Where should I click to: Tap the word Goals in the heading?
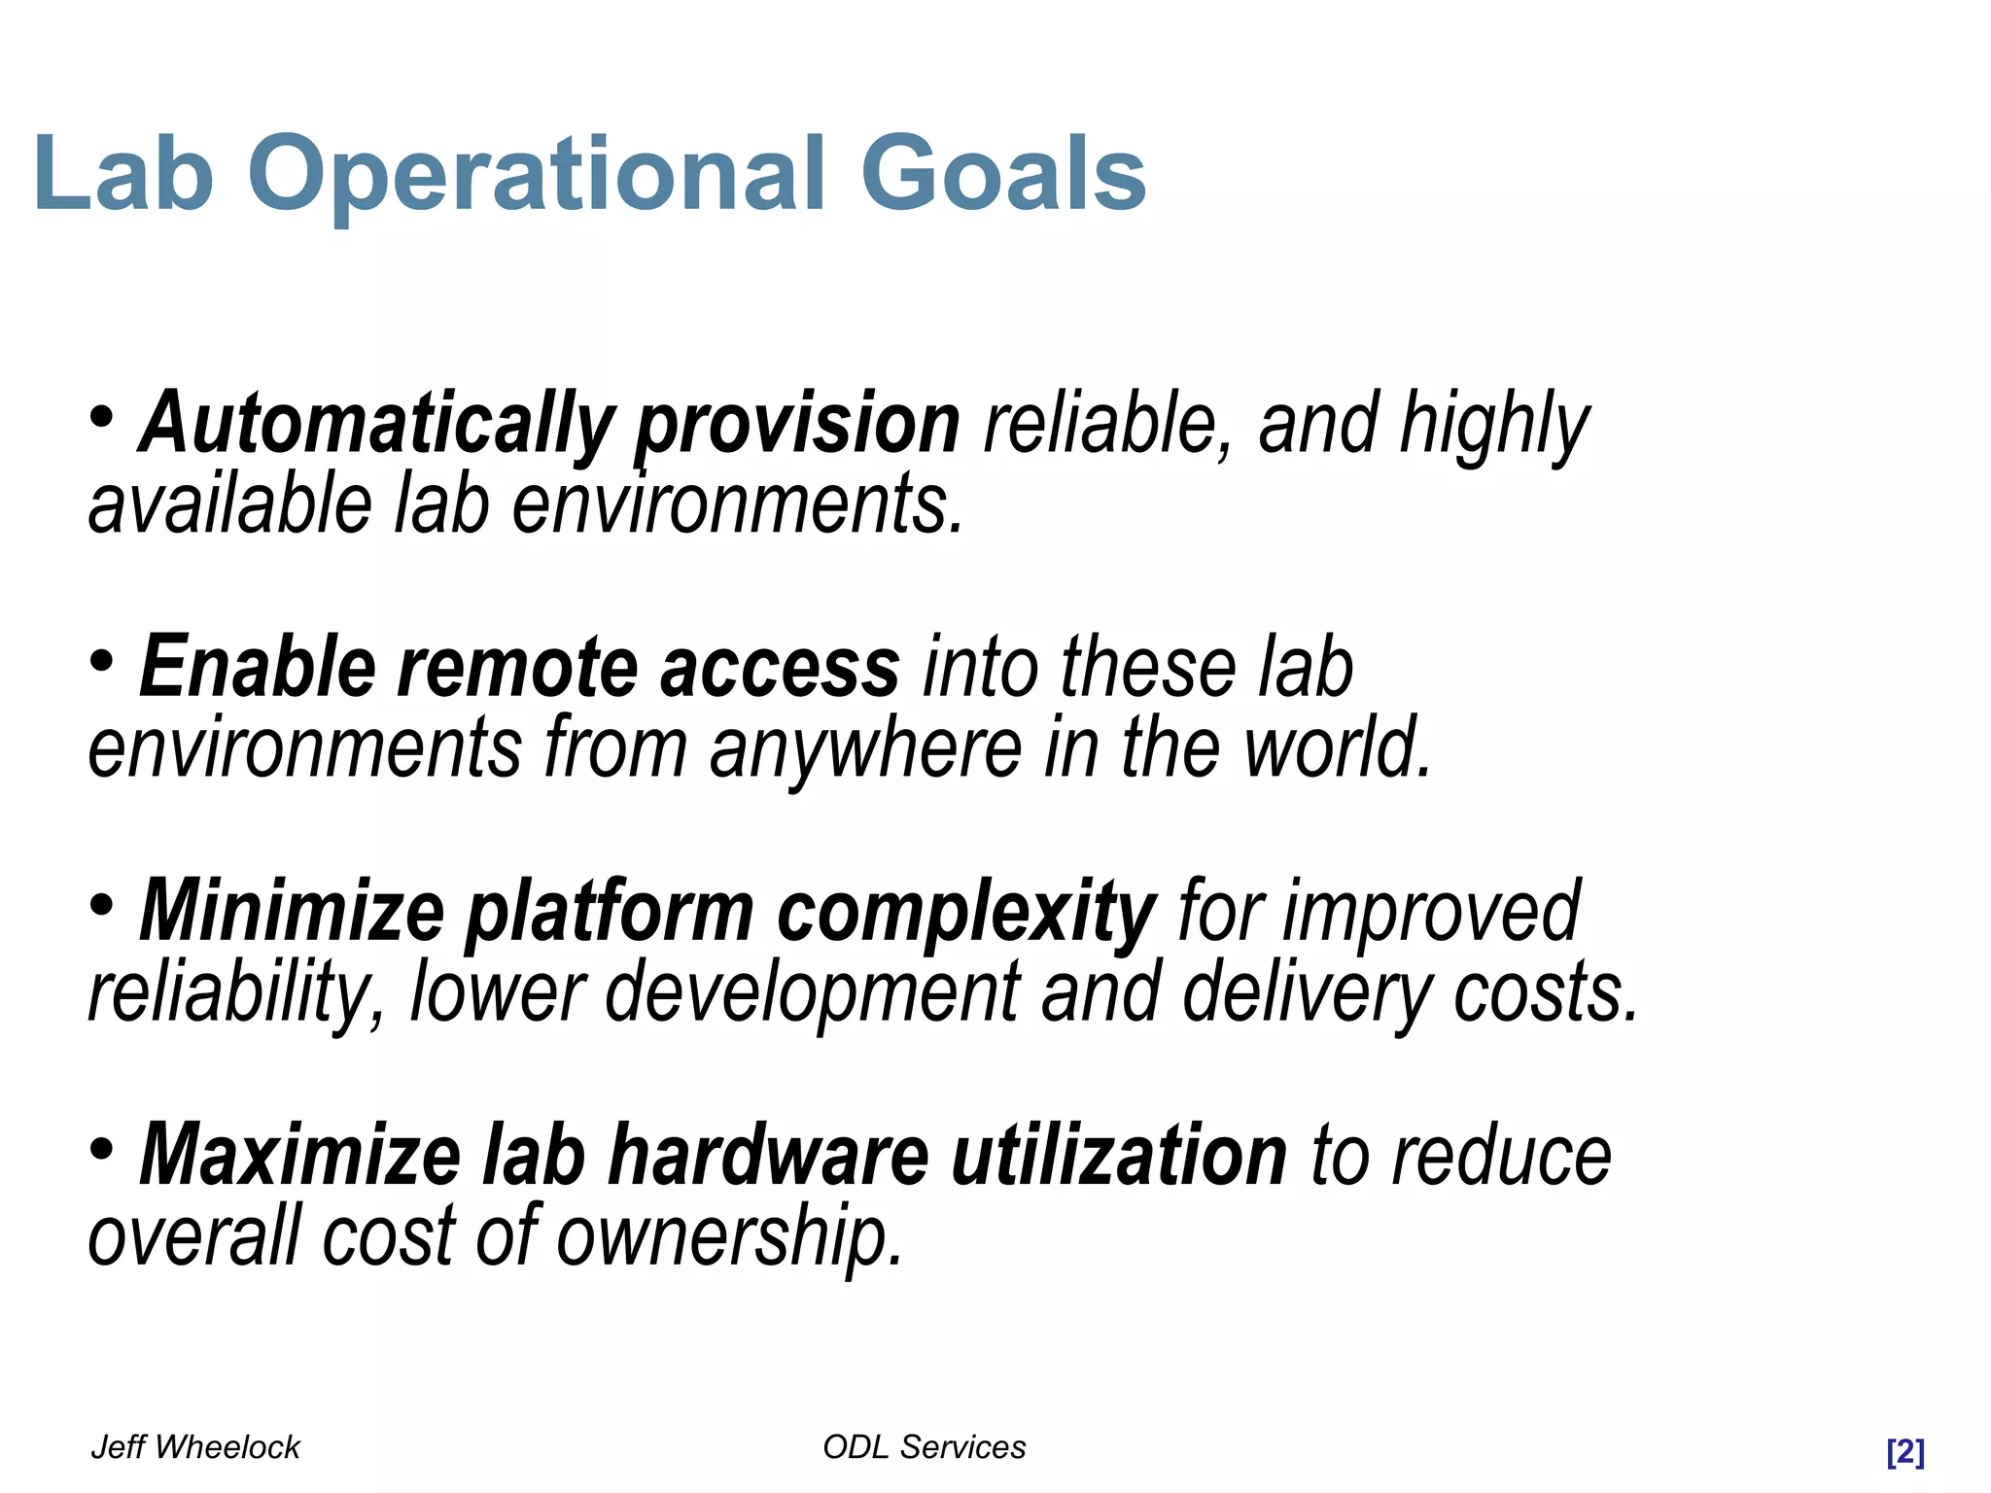coord(1003,175)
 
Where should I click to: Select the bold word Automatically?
coord(376,424)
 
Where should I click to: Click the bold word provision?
coord(797,424)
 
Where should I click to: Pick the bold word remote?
coord(516,668)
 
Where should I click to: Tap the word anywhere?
coord(865,748)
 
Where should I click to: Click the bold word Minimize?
coord(292,912)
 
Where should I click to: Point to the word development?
coord(813,992)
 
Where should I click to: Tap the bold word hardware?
coord(768,1156)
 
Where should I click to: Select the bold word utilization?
coord(1119,1156)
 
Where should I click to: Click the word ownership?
coord(729,1236)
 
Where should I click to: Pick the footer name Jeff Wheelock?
coord(195,1447)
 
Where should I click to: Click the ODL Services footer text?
coord(924,1447)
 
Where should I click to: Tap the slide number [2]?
coord(1904,1452)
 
